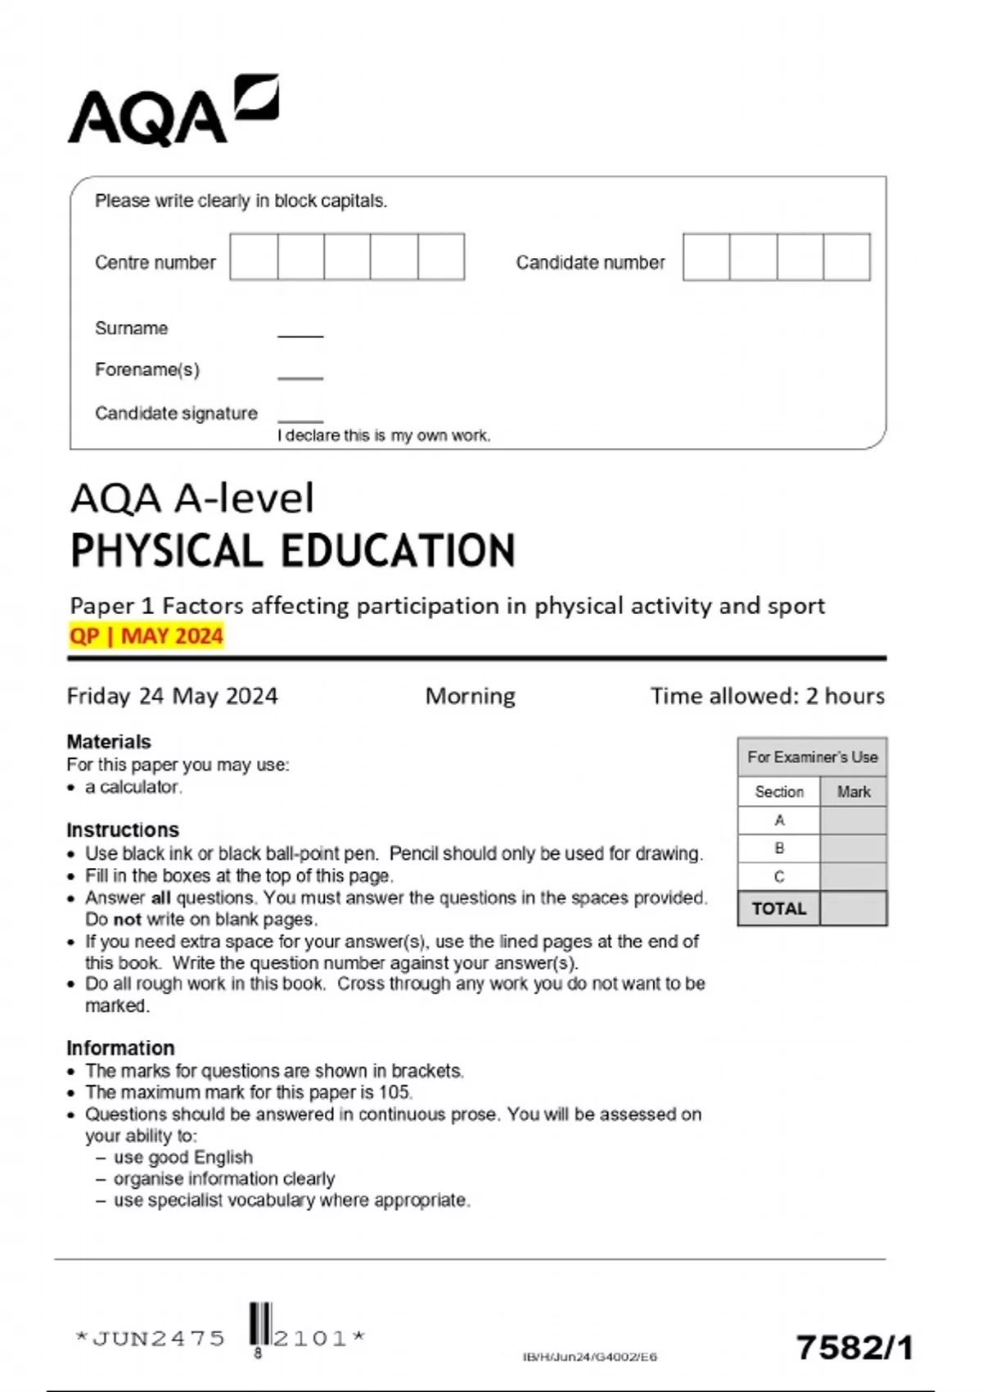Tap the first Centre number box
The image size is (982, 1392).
[x=254, y=257]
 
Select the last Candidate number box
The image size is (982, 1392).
[x=846, y=257]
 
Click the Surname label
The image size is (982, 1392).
[x=131, y=328]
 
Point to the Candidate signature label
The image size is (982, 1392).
[x=176, y=414]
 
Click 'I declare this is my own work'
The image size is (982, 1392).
[x=384, y=436]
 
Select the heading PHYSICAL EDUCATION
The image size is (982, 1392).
[x=293, y=550]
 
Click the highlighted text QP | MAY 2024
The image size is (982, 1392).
[x=146, y=636]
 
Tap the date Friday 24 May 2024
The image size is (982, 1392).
[x=172, y=696]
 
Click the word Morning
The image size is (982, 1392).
[x=470, y=696]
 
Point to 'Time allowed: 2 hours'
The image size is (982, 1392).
[x=767, y=696]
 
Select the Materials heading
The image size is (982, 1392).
[x=109, y=742]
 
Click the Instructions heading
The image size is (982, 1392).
[x=123, y=829]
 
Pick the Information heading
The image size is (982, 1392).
[x=120, y=1048]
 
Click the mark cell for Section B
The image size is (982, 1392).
[x=853, y=848]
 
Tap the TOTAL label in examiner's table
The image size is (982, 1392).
[x=778, y=909]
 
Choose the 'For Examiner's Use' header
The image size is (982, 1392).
[x=812, y=757]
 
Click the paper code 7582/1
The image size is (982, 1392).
[x=854, y=1347]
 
